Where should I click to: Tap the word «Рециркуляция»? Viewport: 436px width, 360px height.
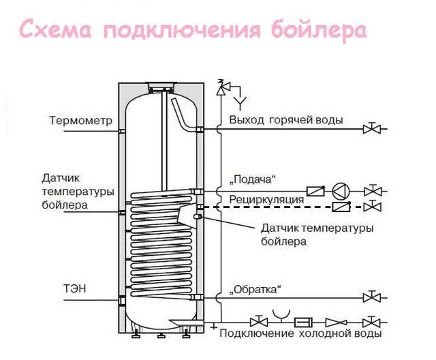pyautogui.click(x=266, y=199)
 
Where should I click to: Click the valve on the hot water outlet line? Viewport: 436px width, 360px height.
pyautogui.click(x=371, y=127)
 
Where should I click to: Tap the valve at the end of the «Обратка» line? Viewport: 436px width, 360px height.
pyautogui.click(x=371, y=297)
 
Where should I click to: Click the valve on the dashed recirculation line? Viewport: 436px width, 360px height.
pyautogui.click(x=371, y=205)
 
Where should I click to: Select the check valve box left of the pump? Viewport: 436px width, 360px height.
pyautogui.click(x=315, y=191)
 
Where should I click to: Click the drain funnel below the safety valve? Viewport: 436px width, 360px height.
pyautogui.click(x=240, y=102)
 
